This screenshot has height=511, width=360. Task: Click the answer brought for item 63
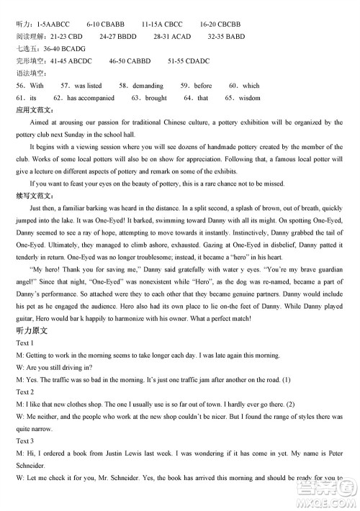point(155,98)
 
